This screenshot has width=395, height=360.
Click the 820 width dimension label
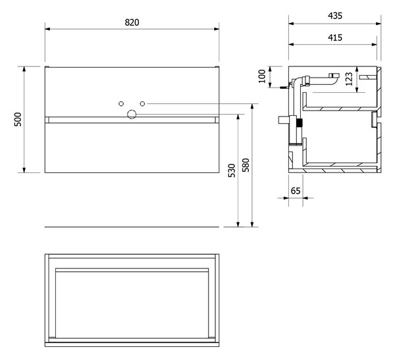pos(132,22)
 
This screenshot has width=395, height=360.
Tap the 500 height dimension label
pos(18,119)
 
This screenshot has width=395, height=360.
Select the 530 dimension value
pos(232,170)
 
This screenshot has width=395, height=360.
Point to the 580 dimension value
pos(246,165)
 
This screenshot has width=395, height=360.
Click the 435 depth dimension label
pos(335,16)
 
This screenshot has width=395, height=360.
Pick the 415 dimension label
pos(335,38)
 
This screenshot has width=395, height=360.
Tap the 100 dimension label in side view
pos(262,76)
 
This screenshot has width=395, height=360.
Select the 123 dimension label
pos(349,79)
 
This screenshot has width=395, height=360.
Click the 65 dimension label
pos(296,191)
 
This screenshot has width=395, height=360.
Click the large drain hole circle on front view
pos(132,115)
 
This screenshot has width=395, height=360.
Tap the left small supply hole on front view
pos(121,103)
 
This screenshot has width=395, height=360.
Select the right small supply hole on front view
pos(142,103)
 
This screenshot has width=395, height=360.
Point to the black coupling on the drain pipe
pos(299,122)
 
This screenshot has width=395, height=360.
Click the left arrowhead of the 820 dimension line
pos(47,29)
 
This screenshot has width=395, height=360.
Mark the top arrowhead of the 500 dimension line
pos(24,69)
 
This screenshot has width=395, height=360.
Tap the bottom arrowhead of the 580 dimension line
pos(252,224)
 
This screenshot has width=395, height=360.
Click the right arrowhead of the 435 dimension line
pos(379,24)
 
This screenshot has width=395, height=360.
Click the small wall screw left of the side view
pos(284,88)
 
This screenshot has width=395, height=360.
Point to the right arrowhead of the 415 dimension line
pos(374,45)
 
